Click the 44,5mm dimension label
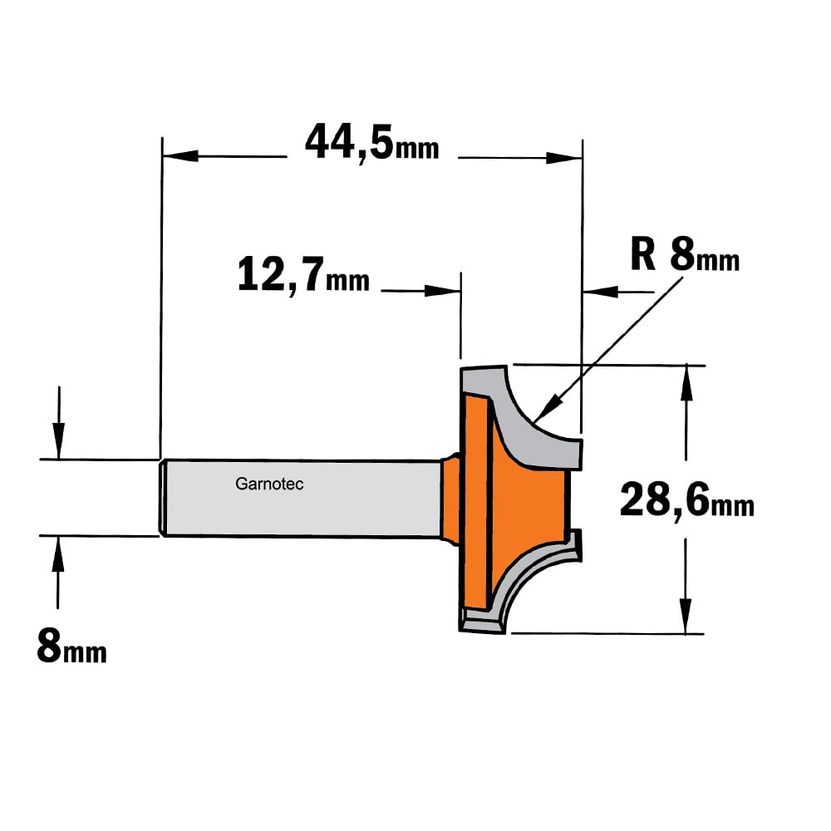coord(372,143)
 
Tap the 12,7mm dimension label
coord(303,275)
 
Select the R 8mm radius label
coord(685,255)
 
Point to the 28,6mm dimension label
coord(687,501)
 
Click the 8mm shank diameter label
coord(72,646)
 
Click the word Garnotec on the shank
coord(269,484)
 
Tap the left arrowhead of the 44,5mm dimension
coord(180,156)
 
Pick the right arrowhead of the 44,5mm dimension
coord(564,158)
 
